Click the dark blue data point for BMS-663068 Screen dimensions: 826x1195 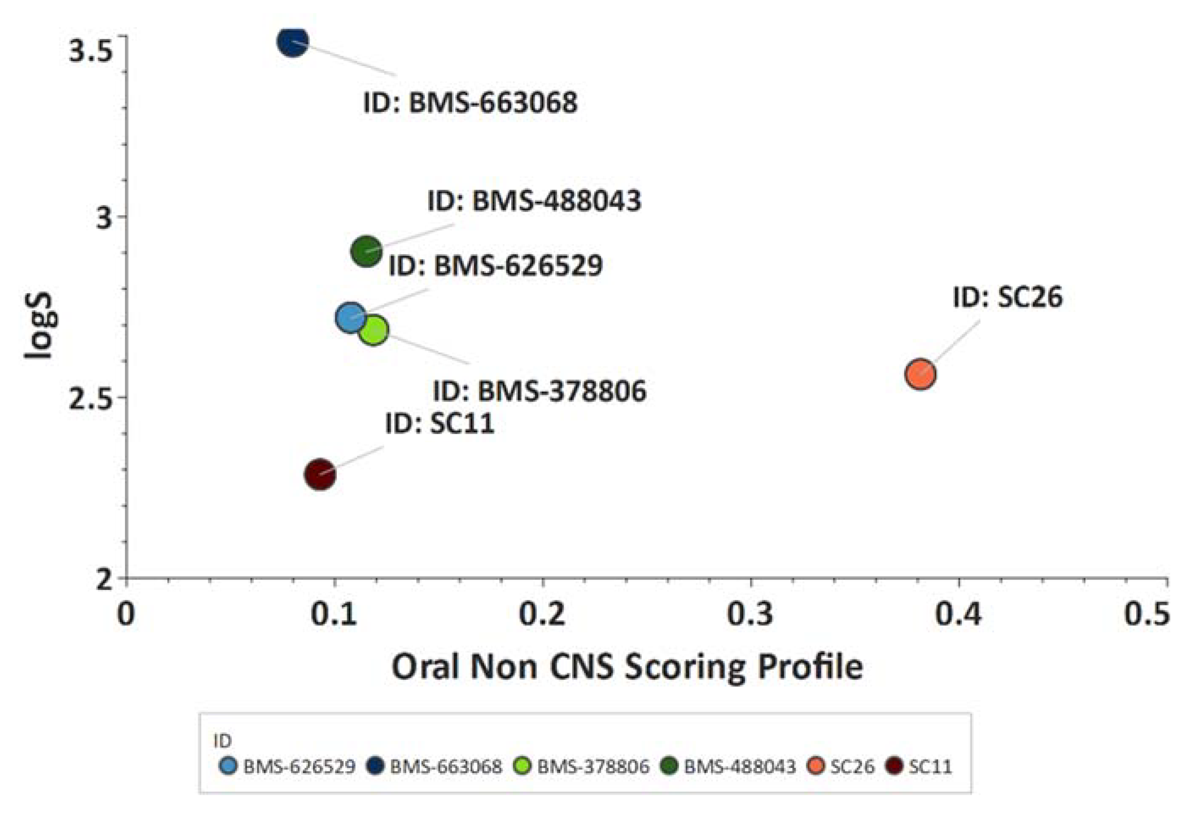click(x=292, y=42)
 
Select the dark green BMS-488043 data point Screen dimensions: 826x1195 click(x=366, y=251)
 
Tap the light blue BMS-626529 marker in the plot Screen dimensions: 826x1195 click(x=351, y=317)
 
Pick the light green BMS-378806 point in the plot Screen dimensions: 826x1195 click(x=373, y=330)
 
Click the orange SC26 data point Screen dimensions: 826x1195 click(x=920, y=374)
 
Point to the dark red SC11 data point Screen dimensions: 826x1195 click(x=320, y=474)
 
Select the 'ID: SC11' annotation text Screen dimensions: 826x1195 click(x=439, y=423)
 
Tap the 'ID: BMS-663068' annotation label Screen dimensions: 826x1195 click(x=470, y=103)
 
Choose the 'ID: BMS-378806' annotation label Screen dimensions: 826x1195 click(x=539, y=391)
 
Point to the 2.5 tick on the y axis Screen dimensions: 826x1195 click(x=91, y=397)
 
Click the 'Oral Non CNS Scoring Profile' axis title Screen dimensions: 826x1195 click(x=627, y=667)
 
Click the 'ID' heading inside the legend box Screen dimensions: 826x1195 click(x=222, y=741)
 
